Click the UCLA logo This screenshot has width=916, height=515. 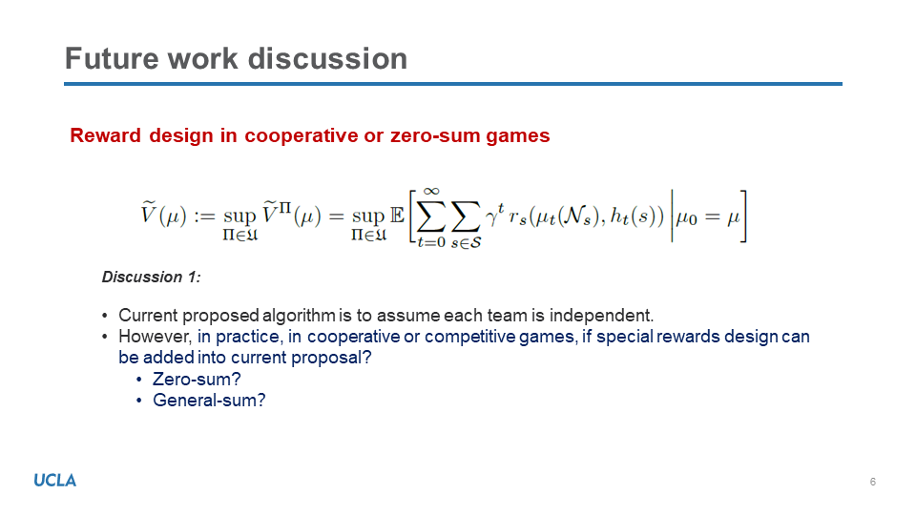(x=55, y=481)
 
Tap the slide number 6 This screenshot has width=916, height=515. (x=873, y=482)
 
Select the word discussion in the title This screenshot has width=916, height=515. (x=327, y=59)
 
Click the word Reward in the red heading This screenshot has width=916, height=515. (x=105, y=135)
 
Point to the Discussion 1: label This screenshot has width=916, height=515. (x=152, y=277)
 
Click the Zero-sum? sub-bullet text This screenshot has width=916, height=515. (x=197, y=380)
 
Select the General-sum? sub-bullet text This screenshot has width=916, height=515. (x=209, y=401)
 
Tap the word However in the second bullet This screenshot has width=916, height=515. (x=155, y=337)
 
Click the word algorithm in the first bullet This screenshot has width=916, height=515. (x=299, y=316)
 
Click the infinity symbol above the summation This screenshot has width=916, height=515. (x=431, y=192)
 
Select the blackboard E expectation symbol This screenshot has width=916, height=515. (x=397, y=216)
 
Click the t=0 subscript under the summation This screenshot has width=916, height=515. (x=431, y=241)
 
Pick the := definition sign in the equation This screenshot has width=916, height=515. (x=204, y=217)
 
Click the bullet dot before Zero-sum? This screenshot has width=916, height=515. (x=139, y=381)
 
